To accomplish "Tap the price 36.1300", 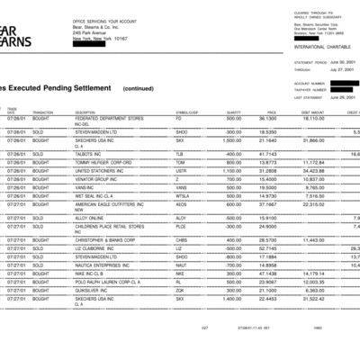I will pyautogui.click(x=267, y=117).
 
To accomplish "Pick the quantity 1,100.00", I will pyautogui.click(x=230, y=169).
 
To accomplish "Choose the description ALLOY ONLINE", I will pyautogui.click(x=94, y=217).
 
